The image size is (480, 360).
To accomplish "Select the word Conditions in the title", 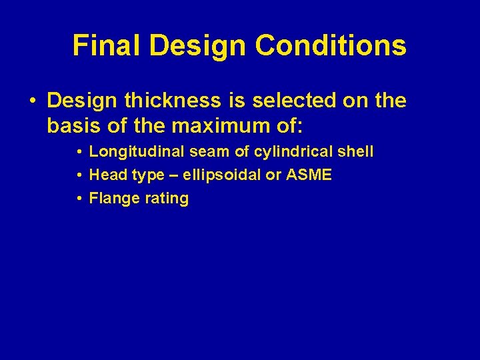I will tap(331, 45).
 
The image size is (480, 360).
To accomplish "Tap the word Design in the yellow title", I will tap(198, 45).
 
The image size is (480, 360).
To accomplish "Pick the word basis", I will tap(73, 124).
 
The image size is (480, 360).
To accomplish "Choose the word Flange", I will tap(112, 198).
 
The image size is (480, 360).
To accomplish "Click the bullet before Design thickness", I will tap(32, 101).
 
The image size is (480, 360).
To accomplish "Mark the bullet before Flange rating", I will tap(79, 199).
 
